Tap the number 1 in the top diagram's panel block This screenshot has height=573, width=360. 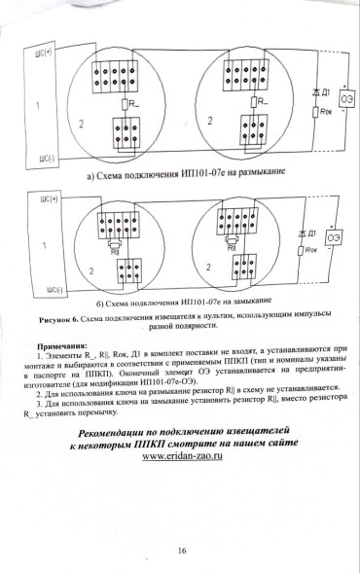pyautogui.click(x=37, y=103)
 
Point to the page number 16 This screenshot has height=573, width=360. pyautogui.click(x=182, y=551)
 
